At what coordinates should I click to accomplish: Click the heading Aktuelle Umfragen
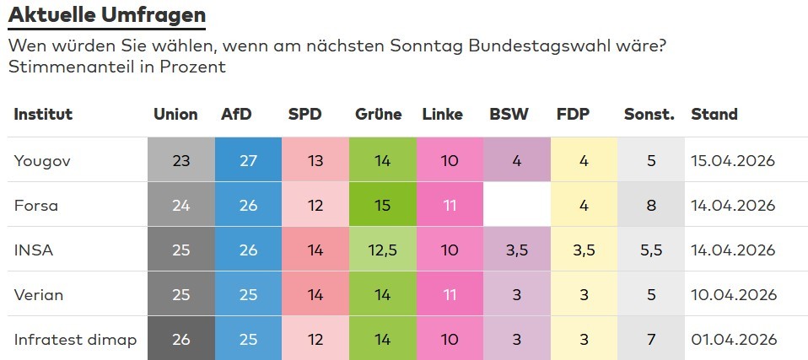106,14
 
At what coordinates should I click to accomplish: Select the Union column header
175,115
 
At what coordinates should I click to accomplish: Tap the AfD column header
235,115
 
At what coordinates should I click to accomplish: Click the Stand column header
714,115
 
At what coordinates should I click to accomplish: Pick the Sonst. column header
649,115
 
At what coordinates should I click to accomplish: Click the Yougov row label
40,160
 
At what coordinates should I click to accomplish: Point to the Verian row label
39,295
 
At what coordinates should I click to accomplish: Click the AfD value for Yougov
248,160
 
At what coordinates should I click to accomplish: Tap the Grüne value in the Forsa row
382,205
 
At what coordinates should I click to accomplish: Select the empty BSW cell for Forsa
516,205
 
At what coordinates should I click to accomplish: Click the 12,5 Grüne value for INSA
382,250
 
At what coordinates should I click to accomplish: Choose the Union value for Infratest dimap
180,340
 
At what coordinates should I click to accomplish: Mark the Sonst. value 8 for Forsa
651,205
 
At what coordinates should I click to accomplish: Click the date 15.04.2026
732,160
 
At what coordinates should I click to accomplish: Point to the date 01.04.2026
732,340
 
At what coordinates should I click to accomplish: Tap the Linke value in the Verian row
450,295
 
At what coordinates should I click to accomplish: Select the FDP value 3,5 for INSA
584,250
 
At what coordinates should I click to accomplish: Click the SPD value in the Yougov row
315,160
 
